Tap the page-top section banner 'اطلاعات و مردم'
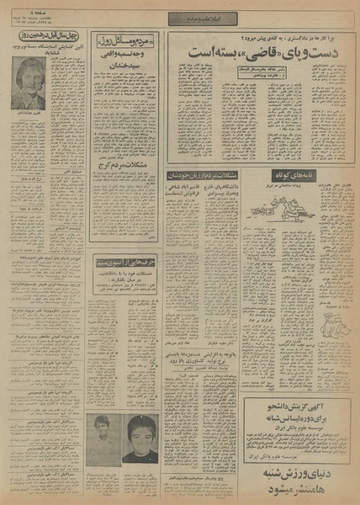pyautogui.click(x=179, y=19)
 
